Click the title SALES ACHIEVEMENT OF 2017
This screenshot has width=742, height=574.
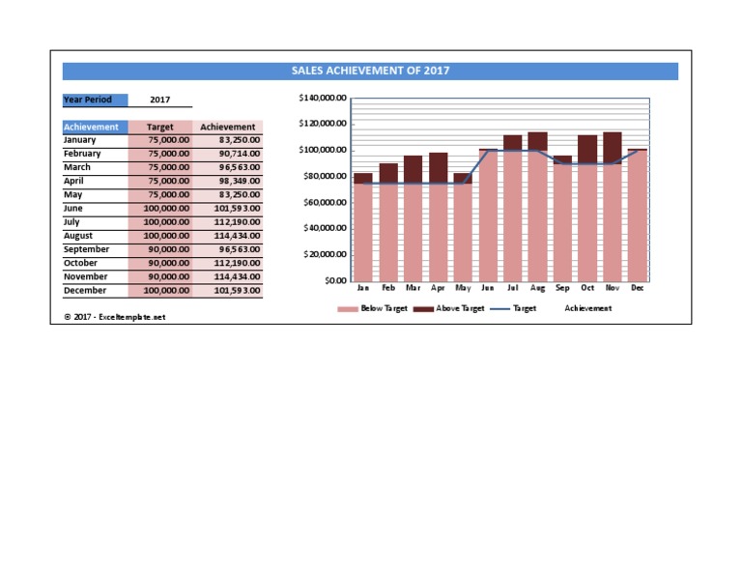point(370,71)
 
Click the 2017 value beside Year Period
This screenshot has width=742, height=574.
point(159,100)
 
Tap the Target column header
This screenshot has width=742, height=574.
point(160,127)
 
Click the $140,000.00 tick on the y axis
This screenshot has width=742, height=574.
point(323,99)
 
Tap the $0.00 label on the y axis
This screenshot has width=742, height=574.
point(335,280)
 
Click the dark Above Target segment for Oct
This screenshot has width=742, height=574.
point(587,149)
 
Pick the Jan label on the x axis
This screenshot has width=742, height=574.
point(363,288)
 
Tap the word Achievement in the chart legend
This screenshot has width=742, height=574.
point(587,308)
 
